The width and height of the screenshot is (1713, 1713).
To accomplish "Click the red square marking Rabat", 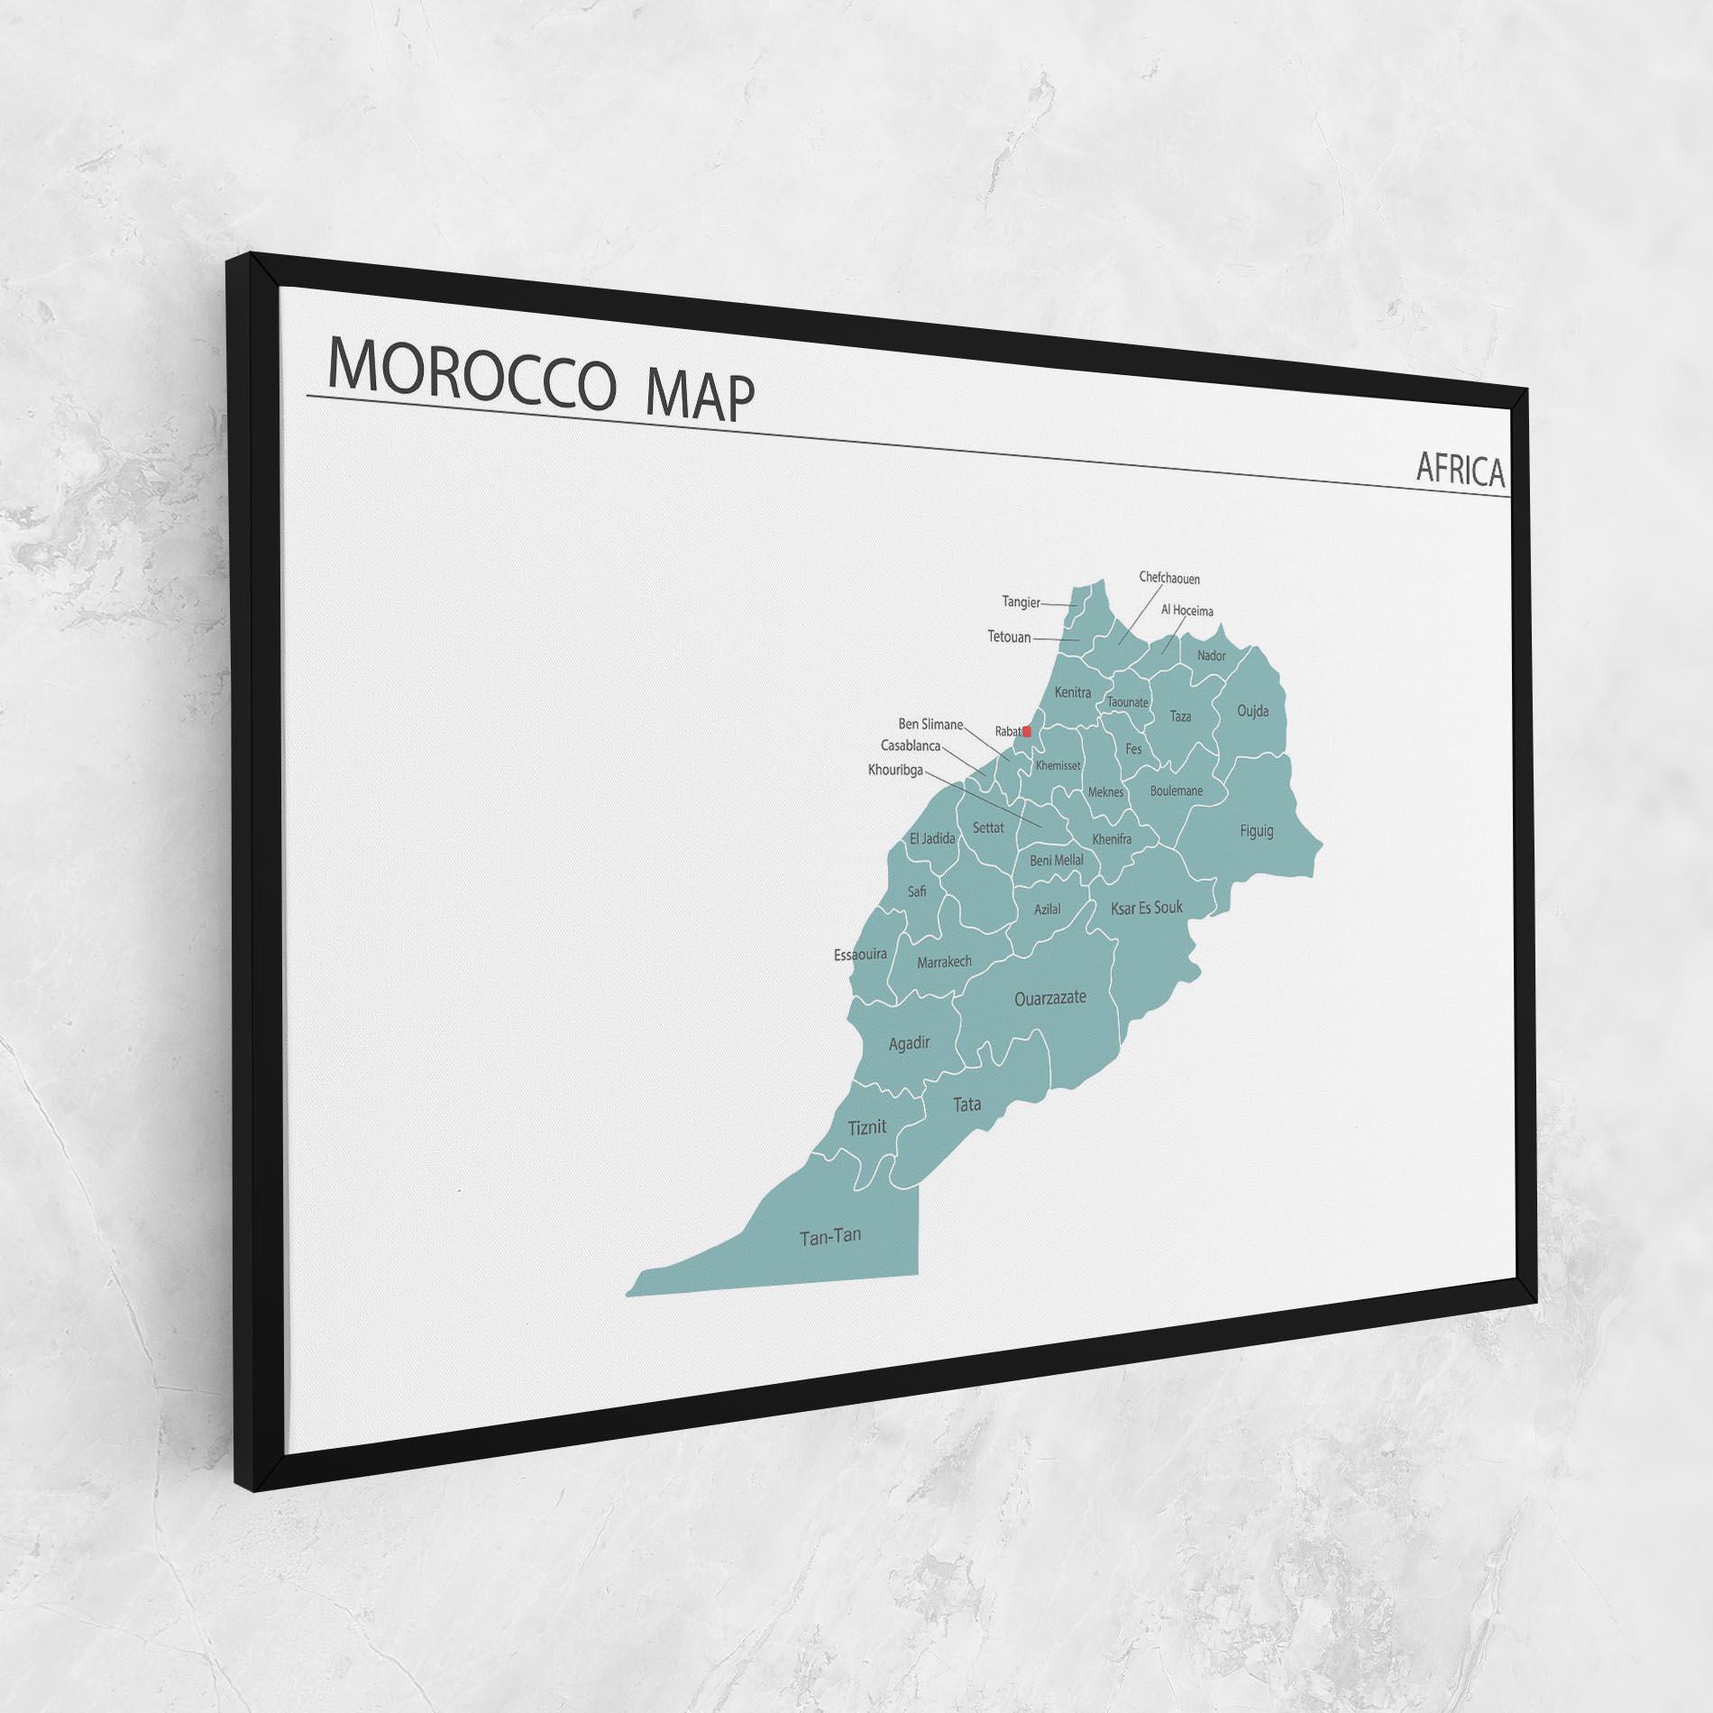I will pyautogui.click(x=1027, y=732).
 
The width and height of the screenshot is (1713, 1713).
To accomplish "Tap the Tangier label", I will pyautogui.click(x=1021, y=601).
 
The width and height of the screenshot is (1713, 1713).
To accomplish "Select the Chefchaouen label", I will pyautogui.click(x=1169, y=578).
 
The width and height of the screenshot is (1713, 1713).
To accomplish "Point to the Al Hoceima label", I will pyautogui.click(x=1186, y=610).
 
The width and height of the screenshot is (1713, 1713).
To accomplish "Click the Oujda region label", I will pyautogui.click(x=1252, y=711).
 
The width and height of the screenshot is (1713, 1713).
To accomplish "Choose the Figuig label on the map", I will pyautogui.click(x=1256, y=830).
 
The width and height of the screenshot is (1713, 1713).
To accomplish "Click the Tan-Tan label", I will pyautogui.click(x=829, y=1236).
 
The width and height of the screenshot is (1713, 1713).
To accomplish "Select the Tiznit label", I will pyautogui.click(x=867, y=1127).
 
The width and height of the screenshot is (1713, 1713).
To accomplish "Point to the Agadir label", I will pyautogui.click(x=909, y=1043).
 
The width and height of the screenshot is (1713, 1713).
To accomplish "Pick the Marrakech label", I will pyautogui.click(x=944, y=962).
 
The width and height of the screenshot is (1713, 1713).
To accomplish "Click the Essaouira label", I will pyautogui.click(x=860, y=954).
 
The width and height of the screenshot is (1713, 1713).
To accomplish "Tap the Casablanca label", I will pyautogui.click(x=910, y=746).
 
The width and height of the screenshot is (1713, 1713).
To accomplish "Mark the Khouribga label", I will pyautogui.click(x=896, y=770).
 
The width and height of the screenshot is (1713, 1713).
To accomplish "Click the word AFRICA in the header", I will pyautogui.click(x=1460, y=470).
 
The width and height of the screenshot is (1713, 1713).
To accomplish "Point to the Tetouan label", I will pyautogui.click(x=1009, y=637).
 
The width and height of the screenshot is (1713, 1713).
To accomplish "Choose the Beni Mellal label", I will pyautogui.click(x=1057, y=861).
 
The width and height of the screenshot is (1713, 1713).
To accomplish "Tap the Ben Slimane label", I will pyautogui.click(x=930, y=724).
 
